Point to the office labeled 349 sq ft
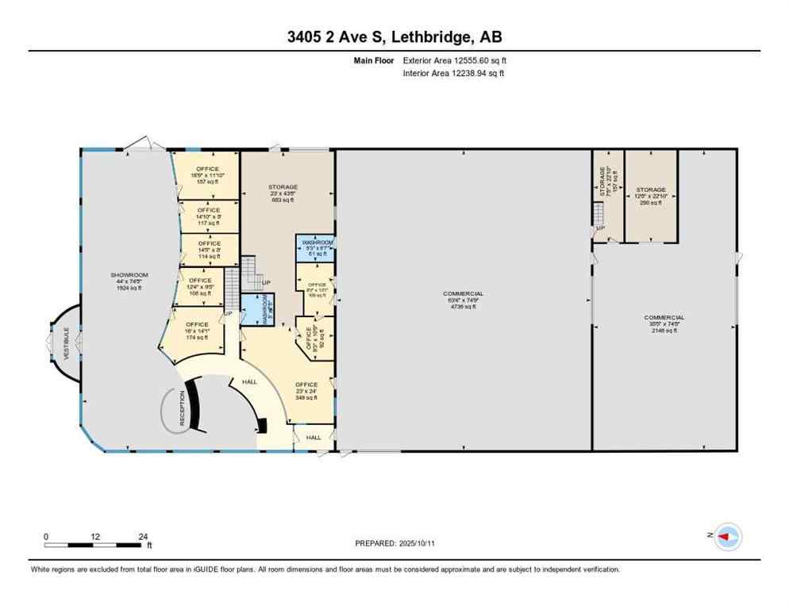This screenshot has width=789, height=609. tap(306, 391)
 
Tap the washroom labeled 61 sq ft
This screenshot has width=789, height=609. tap(315, 247)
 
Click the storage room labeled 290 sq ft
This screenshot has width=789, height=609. tap(650, 196)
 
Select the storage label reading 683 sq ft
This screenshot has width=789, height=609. tap(283, 193)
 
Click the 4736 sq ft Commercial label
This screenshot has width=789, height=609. tap(463, 300)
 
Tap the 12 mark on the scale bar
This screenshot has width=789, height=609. tap(95, 537)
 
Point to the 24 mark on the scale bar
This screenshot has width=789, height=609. tap(144, 537)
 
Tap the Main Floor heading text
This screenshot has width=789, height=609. tap(374, 60)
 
